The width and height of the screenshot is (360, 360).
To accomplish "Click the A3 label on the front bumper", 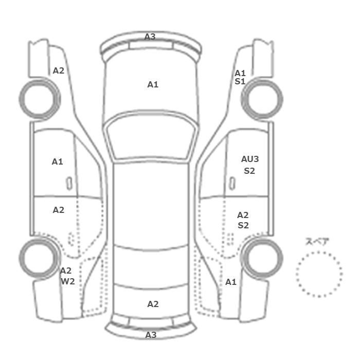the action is coord(150,37).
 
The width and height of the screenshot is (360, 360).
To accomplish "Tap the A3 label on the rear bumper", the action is coord(151,335).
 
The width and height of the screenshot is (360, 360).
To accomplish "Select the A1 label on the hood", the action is coord(153,84).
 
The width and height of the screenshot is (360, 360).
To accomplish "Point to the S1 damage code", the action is coord(240,81).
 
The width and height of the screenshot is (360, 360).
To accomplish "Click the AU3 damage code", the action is coord(250,159).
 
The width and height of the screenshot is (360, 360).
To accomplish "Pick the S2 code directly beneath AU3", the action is coord(249,171).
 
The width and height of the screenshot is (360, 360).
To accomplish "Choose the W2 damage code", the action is coord(68,281).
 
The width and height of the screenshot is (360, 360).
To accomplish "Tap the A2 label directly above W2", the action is coord(66,271).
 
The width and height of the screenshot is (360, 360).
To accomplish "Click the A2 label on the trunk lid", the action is coord(153,304).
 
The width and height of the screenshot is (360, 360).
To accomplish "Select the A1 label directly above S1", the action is coord(240,73).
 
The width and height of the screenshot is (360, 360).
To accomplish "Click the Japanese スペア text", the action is coord(314,242).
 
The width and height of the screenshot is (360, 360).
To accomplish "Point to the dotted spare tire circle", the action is coord(296,274).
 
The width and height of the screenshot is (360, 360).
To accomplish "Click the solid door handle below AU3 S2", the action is coord(232,184).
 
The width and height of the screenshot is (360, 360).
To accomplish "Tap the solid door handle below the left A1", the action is coord(69,184).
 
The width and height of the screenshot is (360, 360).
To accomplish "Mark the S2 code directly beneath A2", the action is coord(243,225).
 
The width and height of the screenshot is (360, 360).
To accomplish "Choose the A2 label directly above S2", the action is coord(243,215).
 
